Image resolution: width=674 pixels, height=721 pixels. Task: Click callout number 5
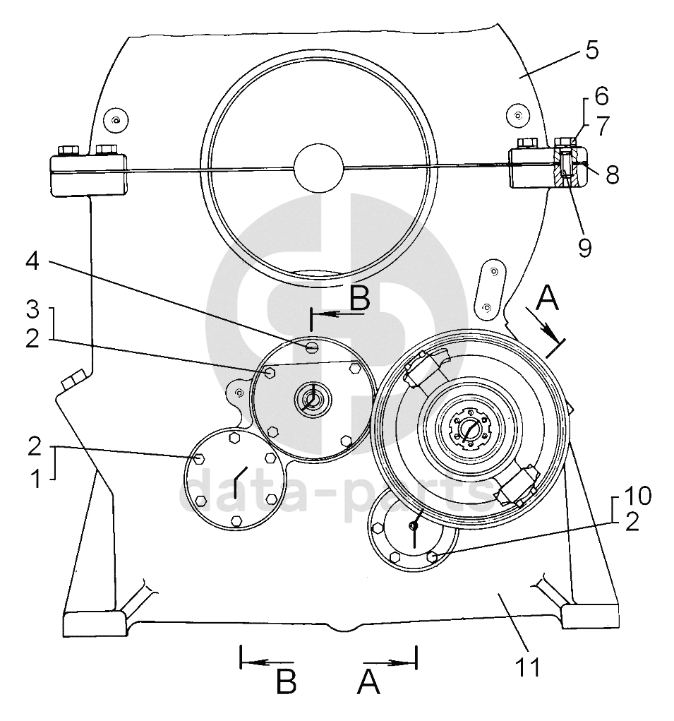click(592, 49)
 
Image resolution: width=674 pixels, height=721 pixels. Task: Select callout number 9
click(584, 247)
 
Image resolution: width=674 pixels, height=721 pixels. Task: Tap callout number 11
click(529, 667)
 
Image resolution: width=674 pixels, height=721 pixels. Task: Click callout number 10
click(639, 496)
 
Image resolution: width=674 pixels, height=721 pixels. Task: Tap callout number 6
click(601, 96)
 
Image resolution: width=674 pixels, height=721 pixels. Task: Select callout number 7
click(602, 126)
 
